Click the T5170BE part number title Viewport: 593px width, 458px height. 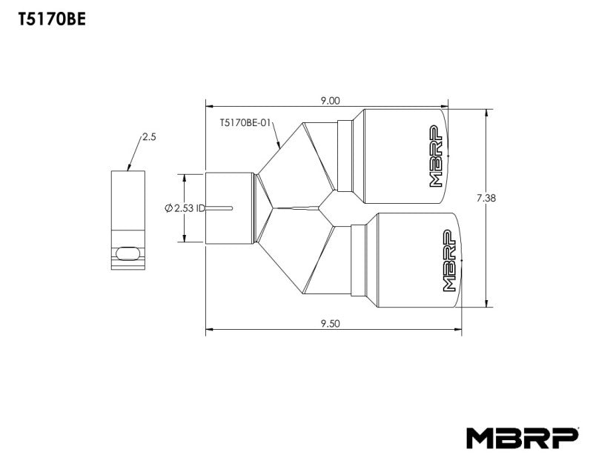51,20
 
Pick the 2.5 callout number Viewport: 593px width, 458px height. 149,137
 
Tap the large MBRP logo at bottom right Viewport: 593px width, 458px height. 522,437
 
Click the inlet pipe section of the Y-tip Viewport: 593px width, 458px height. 230,208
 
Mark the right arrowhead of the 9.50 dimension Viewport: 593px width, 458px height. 460,328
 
